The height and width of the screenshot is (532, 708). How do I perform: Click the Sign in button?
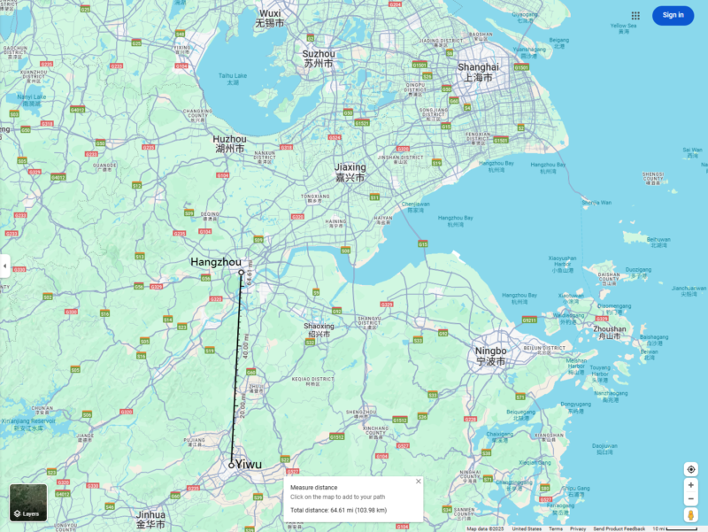coord(673,15)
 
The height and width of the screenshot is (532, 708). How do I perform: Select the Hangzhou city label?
coord(216,262)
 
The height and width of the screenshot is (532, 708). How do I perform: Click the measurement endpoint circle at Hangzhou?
coord(241,273)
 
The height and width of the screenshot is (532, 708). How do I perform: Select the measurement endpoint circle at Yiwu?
coord(231,465)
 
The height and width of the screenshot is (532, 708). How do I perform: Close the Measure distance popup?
coord(419,482)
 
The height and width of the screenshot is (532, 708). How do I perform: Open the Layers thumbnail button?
coord(28,503)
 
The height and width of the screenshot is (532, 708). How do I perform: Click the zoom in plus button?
coord(691,485)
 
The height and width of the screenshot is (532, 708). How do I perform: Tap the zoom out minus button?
coord(691,499)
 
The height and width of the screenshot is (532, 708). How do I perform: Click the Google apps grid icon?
coord(635,15)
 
